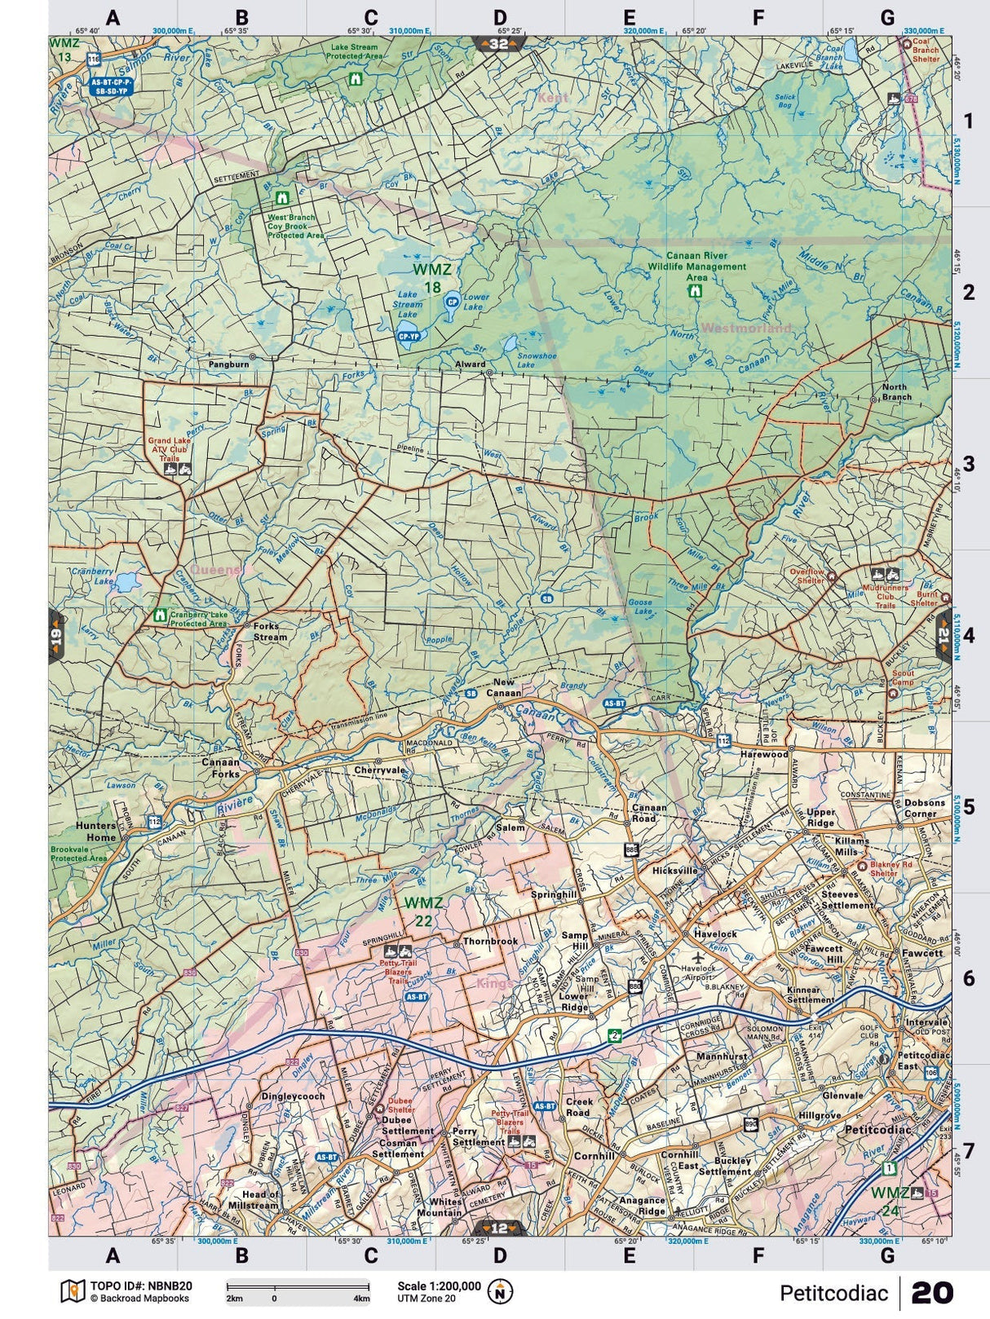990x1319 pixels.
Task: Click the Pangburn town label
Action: pos(228,364)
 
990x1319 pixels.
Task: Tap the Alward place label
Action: pos(471,364)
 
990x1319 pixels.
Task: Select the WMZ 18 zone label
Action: pos(432,278)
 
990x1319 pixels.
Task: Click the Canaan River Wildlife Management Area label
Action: pos(696,267)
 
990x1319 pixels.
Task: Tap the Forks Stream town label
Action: pos(270,632)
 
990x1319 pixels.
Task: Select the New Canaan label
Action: pos(506,688)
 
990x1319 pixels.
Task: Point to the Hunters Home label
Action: pos(95,832)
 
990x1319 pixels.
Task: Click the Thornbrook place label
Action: pos(490,942)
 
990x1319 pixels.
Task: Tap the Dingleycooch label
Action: pos(293,1096)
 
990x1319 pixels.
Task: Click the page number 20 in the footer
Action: pos(931,1293)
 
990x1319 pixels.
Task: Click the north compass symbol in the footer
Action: pos(500,1291)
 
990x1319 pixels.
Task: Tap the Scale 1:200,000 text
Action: pos(439,1286)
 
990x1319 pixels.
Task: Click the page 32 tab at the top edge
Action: pos(498,44)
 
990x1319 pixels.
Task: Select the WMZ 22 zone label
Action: pos(423,911)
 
